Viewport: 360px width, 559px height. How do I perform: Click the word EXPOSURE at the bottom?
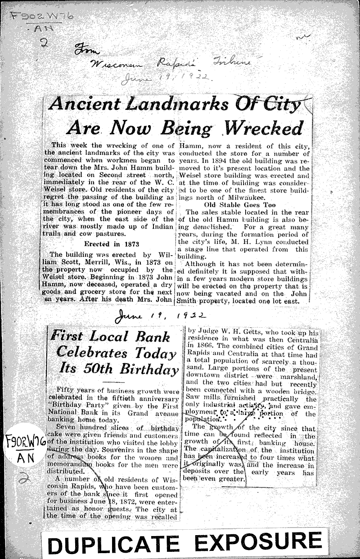[x=258, y=542]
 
